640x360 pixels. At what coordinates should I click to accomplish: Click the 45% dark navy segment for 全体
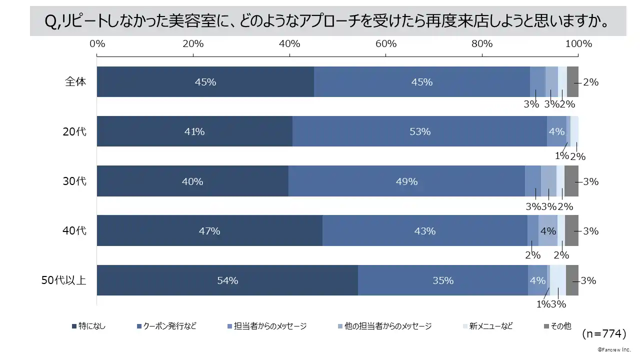tap(205, 82)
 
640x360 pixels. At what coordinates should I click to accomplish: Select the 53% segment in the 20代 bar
tap(419, 131)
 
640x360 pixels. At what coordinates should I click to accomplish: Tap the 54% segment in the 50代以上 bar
tap(227, 280)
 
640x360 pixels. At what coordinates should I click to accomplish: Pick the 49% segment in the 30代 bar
tap(406, 181)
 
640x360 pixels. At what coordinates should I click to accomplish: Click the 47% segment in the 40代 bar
tap(209, 231)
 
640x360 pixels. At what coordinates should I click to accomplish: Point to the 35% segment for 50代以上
tap(442, 280)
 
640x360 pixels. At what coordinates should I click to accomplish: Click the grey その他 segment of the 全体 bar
tap(572, 82)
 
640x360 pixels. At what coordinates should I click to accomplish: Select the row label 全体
tap(75, 82)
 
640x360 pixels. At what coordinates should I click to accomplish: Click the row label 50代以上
tap(63, 280)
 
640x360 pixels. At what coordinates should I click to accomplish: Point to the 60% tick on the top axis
tap(386, 44)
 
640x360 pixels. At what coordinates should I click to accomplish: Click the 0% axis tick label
tap(97, 44)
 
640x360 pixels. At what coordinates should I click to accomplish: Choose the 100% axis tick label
tap(578, 44)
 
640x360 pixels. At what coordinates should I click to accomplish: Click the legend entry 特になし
tap(91, 326)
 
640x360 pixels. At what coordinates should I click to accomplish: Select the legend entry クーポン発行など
tap(169, 326)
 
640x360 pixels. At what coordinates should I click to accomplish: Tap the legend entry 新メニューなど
tap(490, 326)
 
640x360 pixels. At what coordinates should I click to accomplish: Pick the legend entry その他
tap(560, 326)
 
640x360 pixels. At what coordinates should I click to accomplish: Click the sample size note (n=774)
tap(604, 333)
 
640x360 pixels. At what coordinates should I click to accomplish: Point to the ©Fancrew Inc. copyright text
tap(614, 349)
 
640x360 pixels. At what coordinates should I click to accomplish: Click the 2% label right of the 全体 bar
tap(591, 82)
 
